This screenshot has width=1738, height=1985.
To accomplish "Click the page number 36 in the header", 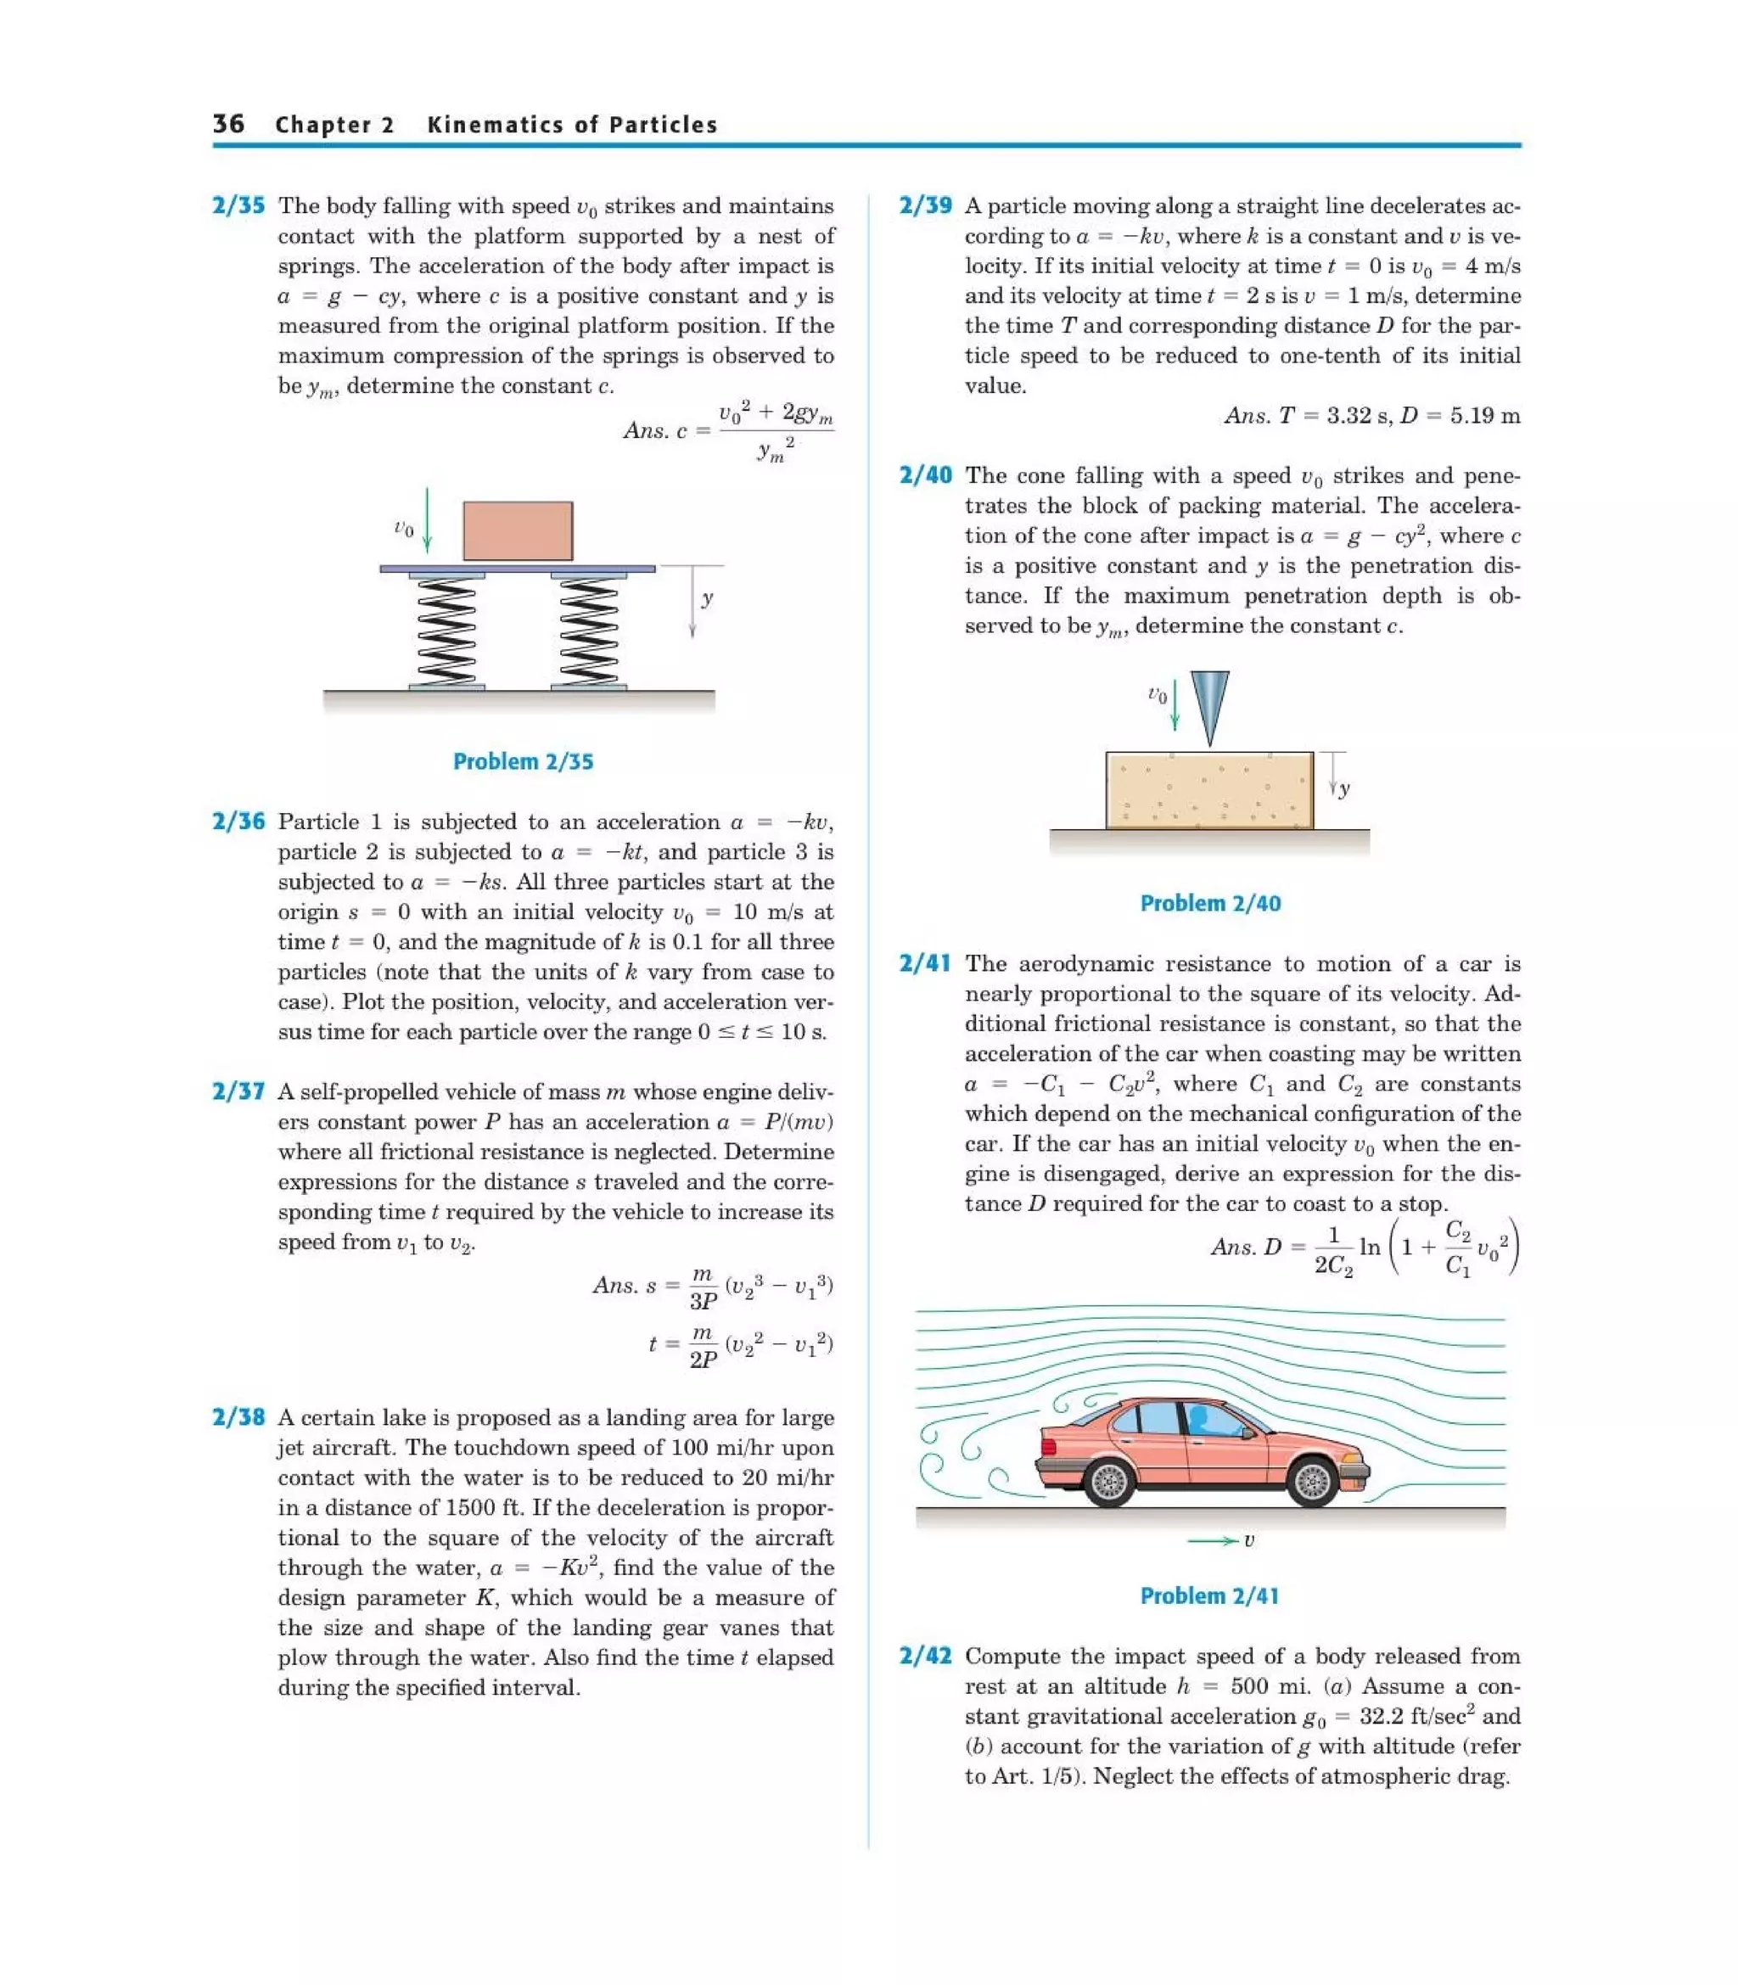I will click(229, 124).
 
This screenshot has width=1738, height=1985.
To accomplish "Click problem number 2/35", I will click(238, 205).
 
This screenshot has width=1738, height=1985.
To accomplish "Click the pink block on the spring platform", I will click(517, 530).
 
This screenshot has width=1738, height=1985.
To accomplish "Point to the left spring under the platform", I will click(446, 631).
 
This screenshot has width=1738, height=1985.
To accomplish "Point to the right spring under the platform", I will click(589, 631).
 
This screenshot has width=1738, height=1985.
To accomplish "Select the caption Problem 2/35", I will click(523, 761).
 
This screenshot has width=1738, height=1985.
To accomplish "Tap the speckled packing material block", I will click(1209, 789).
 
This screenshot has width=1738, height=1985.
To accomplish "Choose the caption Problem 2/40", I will click(1209, 903).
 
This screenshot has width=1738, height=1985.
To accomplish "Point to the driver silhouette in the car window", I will click(1201, 1421).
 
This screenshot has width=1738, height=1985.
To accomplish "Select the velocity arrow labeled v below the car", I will click(1214, 1540).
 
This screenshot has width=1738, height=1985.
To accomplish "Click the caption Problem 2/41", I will click(1209, 1595).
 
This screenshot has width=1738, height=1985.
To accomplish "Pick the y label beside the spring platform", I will click(707, 598).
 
